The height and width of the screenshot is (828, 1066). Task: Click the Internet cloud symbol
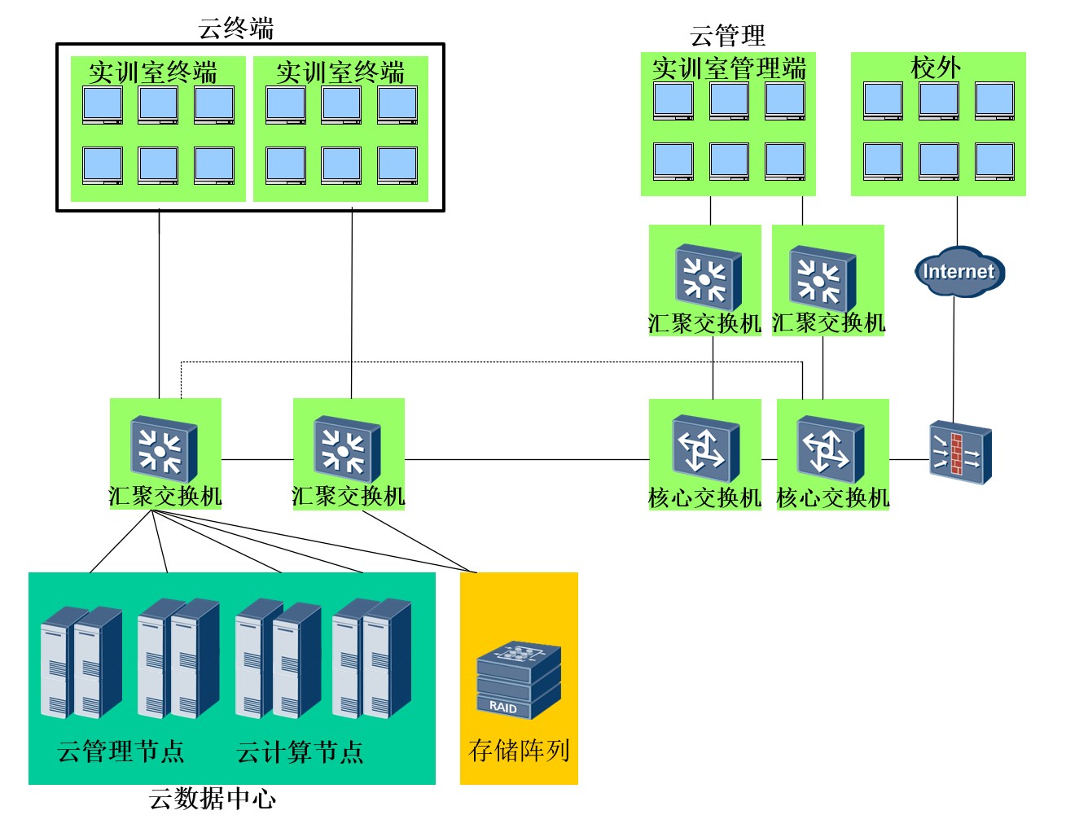tap(959, 272)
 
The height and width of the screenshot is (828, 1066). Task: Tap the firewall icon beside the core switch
tap(961, 453)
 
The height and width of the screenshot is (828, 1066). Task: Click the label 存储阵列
tap(519, 750)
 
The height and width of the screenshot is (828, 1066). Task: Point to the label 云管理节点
tap(121, 751)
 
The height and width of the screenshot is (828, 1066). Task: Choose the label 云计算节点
tap(300, 751)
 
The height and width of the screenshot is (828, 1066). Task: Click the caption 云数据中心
tap(213, 799)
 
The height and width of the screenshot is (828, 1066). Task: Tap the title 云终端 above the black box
tap(236, 28)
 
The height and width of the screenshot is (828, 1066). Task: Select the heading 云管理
tap(727, 35)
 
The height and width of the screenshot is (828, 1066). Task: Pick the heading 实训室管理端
tap(729, 68)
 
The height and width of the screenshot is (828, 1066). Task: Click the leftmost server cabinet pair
tap(81, 661)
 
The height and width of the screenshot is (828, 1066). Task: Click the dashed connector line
tap(489, 361)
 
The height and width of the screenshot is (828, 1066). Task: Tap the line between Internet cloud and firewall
tap(954, 358)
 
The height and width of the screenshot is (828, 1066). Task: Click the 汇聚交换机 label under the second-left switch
tap(349, 496)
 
